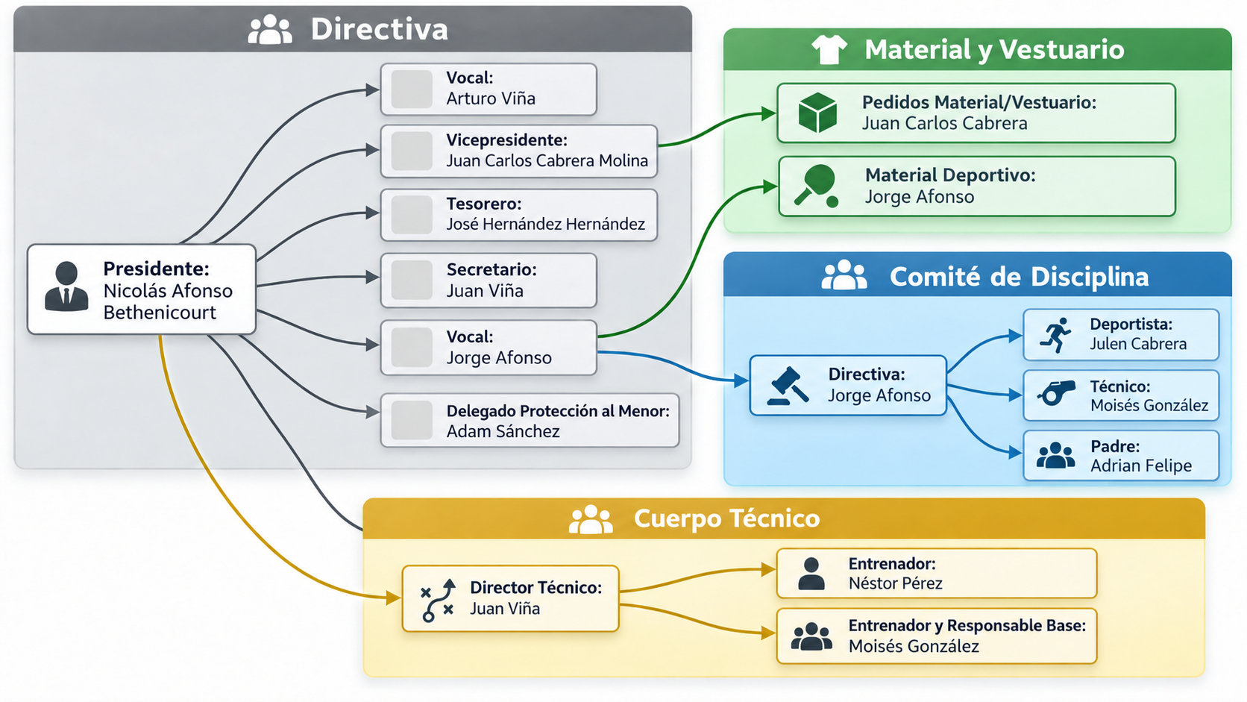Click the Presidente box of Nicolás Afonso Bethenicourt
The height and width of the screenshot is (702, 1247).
(x=142, y=289)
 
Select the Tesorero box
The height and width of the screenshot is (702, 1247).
(x=519, y=215)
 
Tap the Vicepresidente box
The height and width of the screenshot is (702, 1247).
(x=519, y=151)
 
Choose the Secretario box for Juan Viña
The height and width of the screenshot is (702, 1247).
(x=489, y=280)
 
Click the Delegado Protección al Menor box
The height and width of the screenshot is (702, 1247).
(x=530, y=420)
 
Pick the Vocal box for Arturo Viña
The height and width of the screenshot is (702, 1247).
(x=489, y=89)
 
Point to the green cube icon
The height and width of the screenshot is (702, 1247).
(x=817, y=113)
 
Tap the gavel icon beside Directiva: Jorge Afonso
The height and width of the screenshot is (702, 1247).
(x=788, y=385)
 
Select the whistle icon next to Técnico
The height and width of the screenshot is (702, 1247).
(x=1055, y=393)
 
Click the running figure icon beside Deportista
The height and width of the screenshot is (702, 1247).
(x=1055, y=335)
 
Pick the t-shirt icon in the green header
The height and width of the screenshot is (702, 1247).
(x=829, y=49)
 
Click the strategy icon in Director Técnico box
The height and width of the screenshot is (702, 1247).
(x=438, y=600)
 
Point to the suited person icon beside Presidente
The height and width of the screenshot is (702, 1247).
(x=66, y=286)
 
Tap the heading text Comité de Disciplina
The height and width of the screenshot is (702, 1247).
(x=1019, y=276)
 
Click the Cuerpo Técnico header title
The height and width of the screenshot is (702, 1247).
(x=726, y=518)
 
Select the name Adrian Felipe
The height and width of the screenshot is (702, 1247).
(x=1140, y=466)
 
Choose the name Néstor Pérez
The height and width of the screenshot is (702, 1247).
(x=895, y=583)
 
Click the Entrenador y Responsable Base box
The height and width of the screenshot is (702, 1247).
(x=936, y=636)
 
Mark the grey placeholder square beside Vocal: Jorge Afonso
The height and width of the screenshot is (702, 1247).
(x=412, y=348)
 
